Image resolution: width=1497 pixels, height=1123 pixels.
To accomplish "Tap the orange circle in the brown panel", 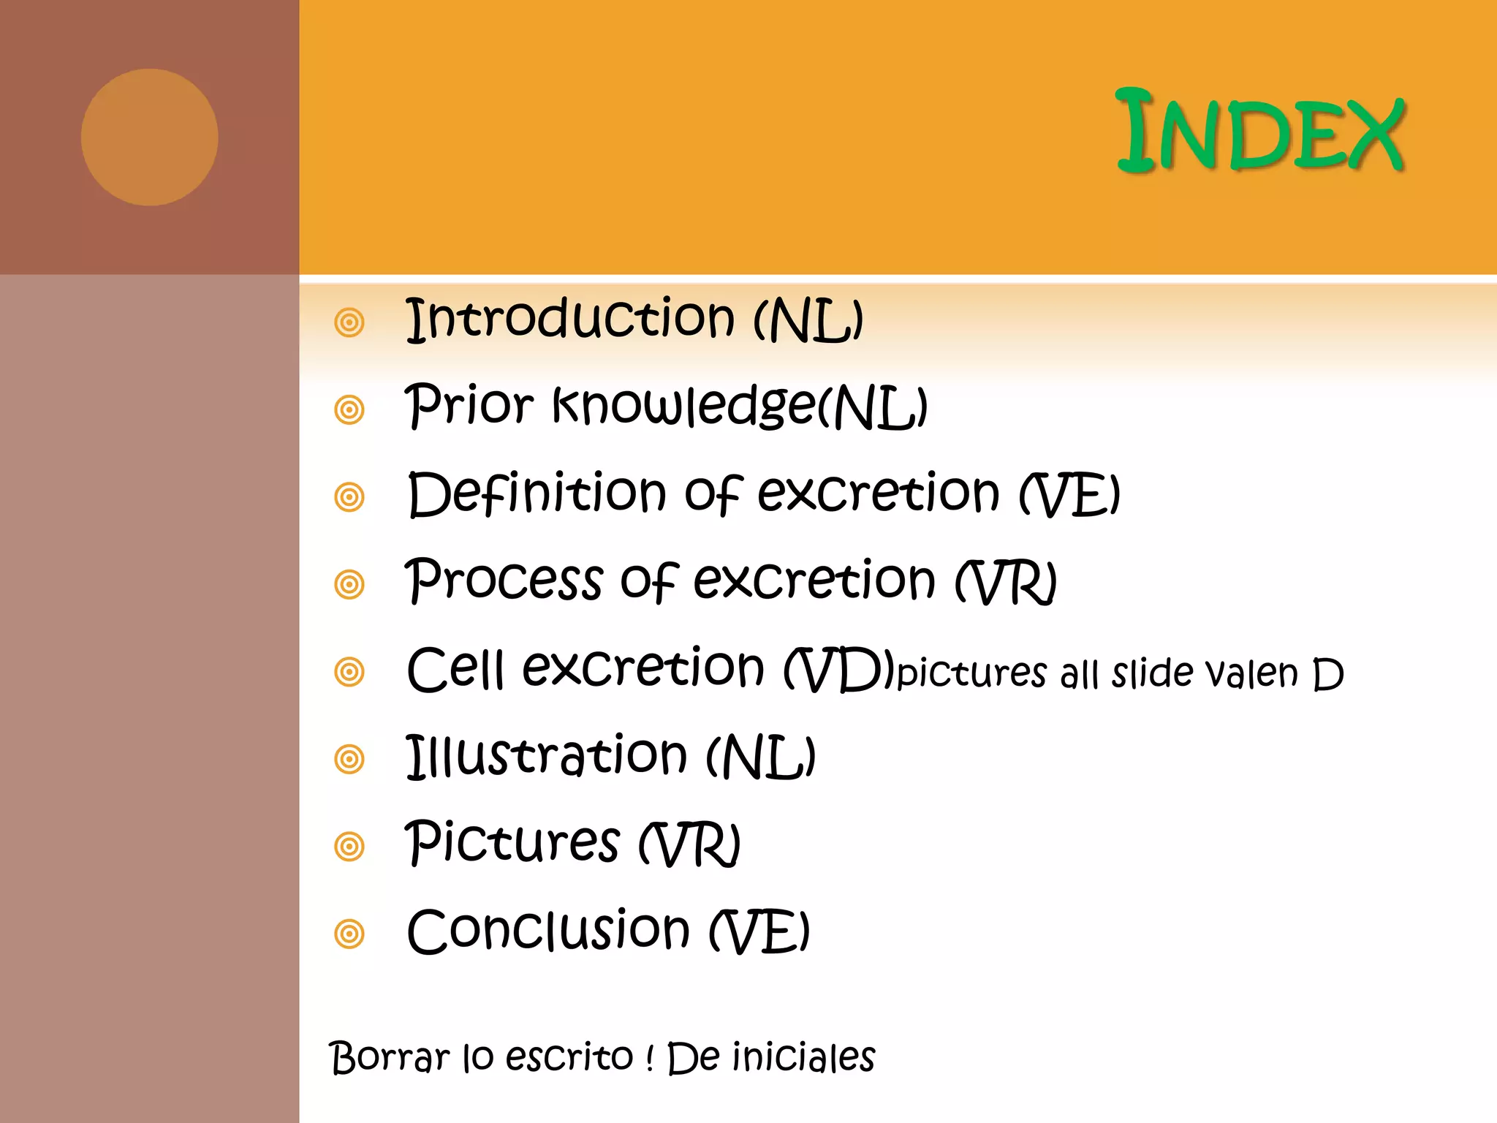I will tap(149, 137).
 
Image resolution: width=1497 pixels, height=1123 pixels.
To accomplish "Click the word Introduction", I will tap(570, 319).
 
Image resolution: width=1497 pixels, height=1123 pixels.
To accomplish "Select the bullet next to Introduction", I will tap(349, 322).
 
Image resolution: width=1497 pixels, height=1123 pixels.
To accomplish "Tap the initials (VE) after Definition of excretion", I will tap(1070, 494).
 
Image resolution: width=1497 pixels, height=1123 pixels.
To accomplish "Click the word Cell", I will tap(455, 669).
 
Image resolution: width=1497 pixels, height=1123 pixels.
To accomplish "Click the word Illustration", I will tap(547, 756).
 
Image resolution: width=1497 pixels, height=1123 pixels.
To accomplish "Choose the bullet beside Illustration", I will tap(349, 759).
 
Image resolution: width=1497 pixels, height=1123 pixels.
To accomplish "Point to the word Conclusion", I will tap(548, 931).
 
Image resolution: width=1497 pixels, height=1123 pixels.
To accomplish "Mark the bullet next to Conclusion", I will tap(349, 934).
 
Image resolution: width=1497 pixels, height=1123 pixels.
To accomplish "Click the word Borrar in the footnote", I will tap(390, 1057).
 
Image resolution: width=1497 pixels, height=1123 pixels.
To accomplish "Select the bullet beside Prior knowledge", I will tap(349, 409).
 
